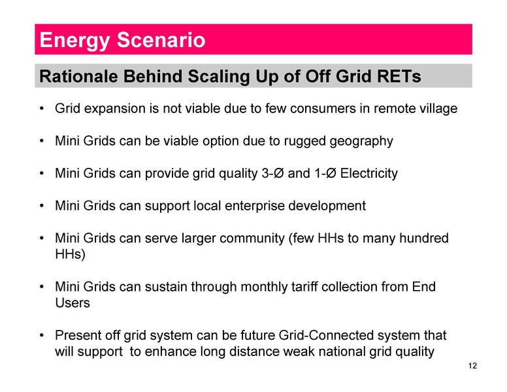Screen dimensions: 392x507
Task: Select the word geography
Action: point(361,140)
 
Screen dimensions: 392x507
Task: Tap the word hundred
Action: point(425,238)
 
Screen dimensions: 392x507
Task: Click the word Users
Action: point(72,303)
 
